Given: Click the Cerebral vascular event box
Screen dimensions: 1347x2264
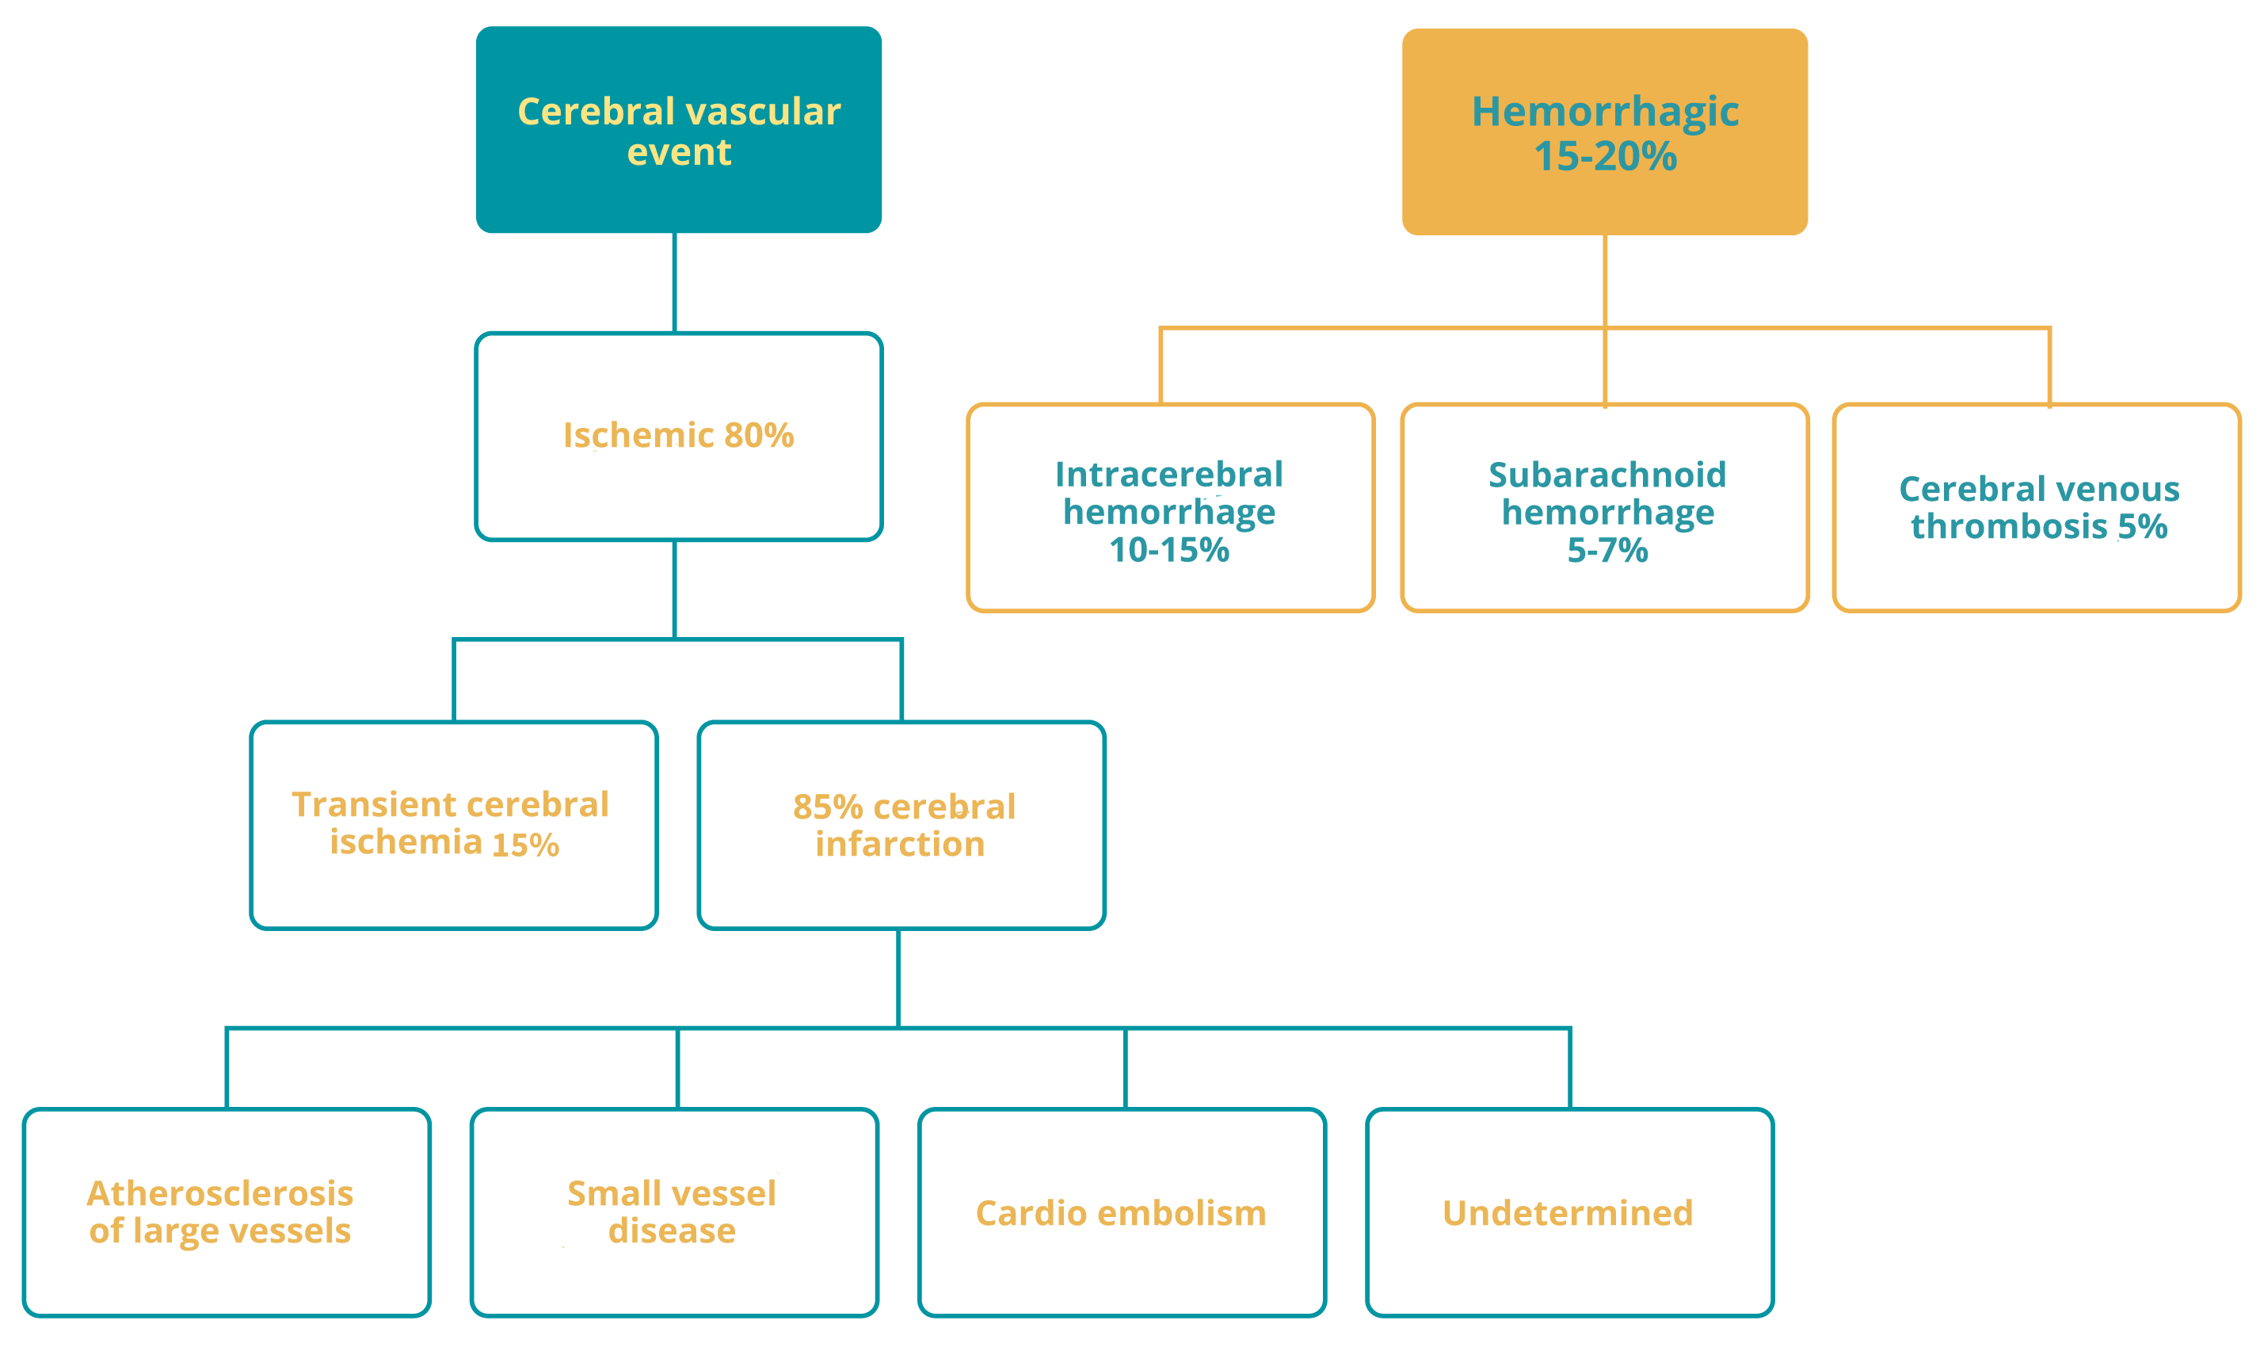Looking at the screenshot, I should click(679, 129).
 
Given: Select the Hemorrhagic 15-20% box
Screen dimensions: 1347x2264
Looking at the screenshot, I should click(1604, 132).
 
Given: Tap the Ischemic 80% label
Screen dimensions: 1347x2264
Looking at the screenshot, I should click(679, 435).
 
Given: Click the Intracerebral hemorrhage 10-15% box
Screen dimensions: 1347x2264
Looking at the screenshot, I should click(1170, 509).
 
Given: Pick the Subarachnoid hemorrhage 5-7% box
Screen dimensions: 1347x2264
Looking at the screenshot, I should click(1604, 509).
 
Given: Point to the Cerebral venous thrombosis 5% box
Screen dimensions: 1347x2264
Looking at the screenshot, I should click(2036, 509).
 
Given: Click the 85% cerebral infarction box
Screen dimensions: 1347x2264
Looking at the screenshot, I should click(901, 824).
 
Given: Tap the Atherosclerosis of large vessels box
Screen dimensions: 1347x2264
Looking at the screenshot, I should click(225, 1212).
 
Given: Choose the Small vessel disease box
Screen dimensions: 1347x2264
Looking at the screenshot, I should click(673, 1212).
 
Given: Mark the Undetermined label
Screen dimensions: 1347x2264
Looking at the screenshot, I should click(1567, 1214).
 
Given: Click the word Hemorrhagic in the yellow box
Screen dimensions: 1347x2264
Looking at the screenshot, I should click(1604, 112).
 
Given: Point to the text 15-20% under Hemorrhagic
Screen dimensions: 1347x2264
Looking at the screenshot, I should click(1604, 156).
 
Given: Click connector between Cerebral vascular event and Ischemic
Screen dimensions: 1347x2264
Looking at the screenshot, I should click(674, 281).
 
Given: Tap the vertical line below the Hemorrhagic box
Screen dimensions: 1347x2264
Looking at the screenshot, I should click(1604, 281).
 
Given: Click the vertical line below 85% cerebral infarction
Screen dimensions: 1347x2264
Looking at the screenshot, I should click(898, 979).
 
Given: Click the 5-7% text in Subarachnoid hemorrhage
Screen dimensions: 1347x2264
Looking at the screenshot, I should click(1607, 550).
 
